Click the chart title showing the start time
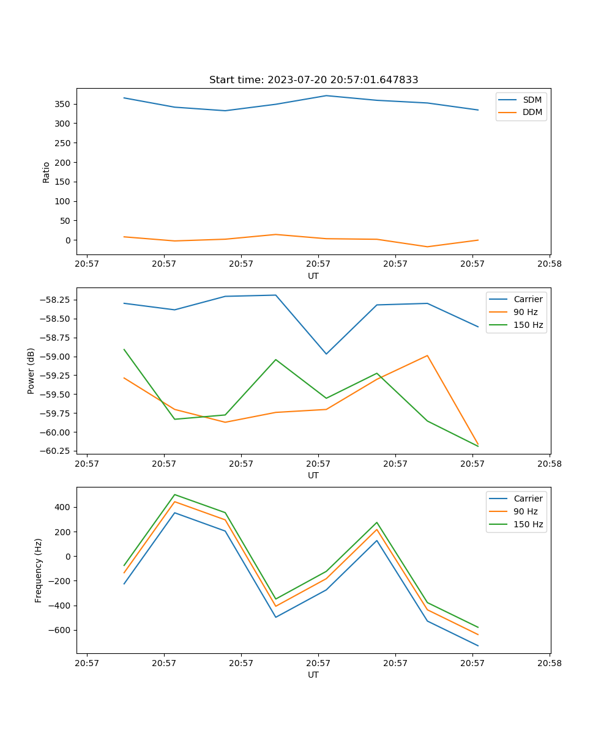313,80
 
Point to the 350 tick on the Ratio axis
65,104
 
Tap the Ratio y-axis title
47,172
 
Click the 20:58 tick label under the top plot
549,265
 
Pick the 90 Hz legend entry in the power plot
526,312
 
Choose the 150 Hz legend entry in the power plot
528,325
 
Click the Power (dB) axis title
31,371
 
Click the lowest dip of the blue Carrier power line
326,354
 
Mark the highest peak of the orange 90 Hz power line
427,355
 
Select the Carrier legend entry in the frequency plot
528,499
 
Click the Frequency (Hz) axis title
39,570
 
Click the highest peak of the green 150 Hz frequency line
174,495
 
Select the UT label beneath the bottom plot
313,675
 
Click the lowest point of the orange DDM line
427,247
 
